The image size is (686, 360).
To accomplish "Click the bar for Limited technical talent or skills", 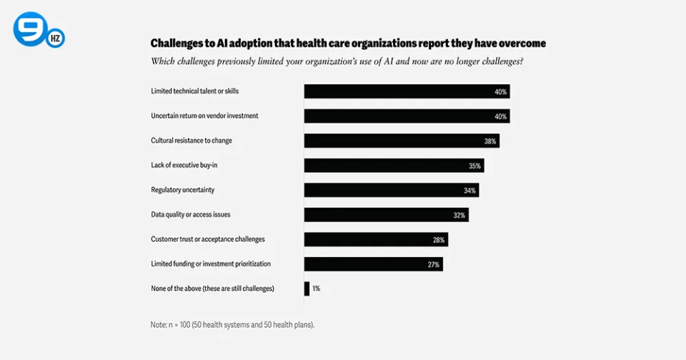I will tap(407, 91).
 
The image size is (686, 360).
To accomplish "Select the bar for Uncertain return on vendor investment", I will tap(407, 116).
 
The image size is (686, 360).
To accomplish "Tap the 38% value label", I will tap(490, 141).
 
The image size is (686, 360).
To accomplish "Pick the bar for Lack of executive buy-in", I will tap(394, 166).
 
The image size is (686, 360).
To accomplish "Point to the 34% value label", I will tap(469, 191).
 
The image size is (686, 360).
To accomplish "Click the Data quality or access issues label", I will tap(190, 214).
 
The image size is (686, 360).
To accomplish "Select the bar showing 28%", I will tap(376, 239).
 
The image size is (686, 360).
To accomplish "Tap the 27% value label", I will tap(434, 264).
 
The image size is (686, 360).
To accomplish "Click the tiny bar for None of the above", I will tap(307, 289).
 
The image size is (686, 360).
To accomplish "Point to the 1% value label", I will tap(316, 289).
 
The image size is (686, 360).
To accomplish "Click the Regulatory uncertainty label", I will tap(182, 190).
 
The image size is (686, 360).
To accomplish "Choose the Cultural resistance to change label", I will tap(191, 141).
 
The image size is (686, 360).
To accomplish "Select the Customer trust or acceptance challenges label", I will tap(207, 239).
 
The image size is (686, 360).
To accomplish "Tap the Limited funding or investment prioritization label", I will tap(210, 264).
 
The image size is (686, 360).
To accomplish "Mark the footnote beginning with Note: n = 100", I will tap(232, 324).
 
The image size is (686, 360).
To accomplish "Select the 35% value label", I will tap(474, 166).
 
